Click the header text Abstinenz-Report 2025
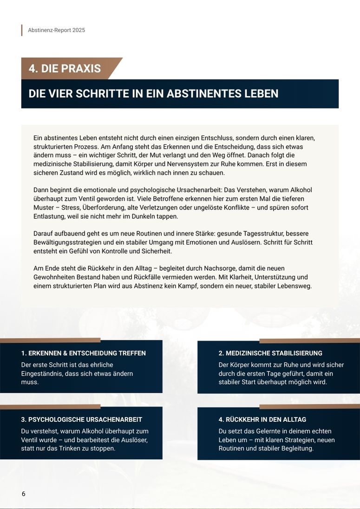click(x=56, y=30)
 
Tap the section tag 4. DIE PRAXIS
click(x=65, y=69)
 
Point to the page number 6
click(x=23, y=494)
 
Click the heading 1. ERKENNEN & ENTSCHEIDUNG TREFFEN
click(x=84, y=353)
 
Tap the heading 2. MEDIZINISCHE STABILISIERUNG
click(x=270, y=353)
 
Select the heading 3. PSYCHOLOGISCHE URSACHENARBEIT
click(x=82, y=419)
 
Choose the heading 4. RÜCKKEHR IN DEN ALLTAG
click(x=262, y=419)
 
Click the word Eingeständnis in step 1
click(x=41, y=373)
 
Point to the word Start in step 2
click(x=249, y=382)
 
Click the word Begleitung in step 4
click(x=297, y=448)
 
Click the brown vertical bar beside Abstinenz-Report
click(x=22, y=30)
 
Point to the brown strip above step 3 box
click(x=50, y=407)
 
